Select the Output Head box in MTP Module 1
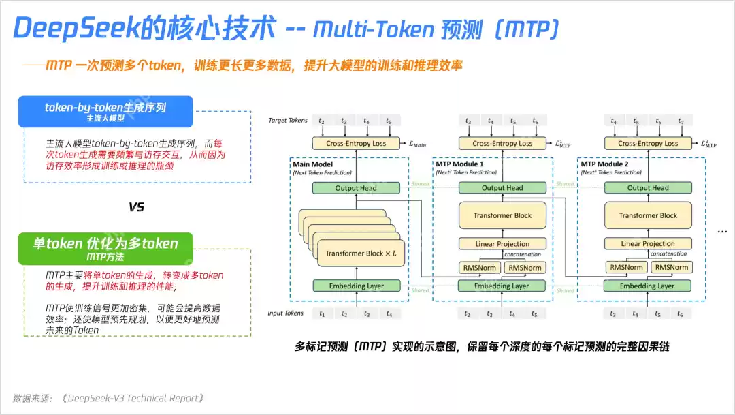[x=502, y=188]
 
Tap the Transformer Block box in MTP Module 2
[x=648, y=215]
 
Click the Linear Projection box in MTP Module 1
[x=502, y=243]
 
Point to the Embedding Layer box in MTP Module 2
[x=647, y=286]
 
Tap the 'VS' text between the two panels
[x=136, y=207]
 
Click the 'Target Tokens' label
[x=289, y=121]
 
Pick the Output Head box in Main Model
[x=356, y=188]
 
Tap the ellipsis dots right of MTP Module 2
[x=722, y=232]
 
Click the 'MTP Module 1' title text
[x=460, y=164]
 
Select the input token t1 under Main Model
[x=323, y=314]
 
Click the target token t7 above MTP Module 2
[x=681, y=121]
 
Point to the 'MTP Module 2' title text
[x=604, y=164]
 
